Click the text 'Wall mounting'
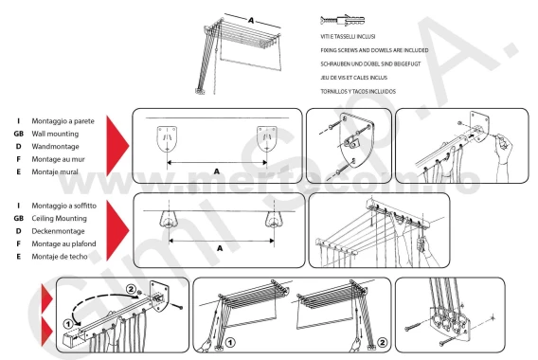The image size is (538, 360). [55, 134]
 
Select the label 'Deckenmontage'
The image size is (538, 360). [58, 231]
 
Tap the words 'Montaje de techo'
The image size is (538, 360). [60, 257]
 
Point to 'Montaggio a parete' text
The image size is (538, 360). [63, 121]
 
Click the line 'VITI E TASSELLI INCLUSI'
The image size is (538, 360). [348, 36]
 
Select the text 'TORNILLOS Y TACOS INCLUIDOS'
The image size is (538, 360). [358, 92]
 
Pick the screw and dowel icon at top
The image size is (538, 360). [342, 21]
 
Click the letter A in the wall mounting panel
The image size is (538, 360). [217, 171]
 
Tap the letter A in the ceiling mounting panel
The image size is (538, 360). [220, 248]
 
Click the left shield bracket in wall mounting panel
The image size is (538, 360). [167, 138]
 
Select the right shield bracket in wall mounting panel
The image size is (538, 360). [267, 138]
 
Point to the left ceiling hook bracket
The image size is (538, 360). [169, 219]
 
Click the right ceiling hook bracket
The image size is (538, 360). [274, 219]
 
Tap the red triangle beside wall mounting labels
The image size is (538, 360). [116, 146]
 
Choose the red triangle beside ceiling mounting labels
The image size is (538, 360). [116, 230]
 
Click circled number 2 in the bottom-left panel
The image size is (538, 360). [131, 289]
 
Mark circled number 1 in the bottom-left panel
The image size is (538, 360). [68, 324]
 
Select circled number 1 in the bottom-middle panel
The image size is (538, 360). [230, 342]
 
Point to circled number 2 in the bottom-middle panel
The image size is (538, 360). [383, 342]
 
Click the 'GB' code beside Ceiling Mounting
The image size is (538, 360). [19, 219]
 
